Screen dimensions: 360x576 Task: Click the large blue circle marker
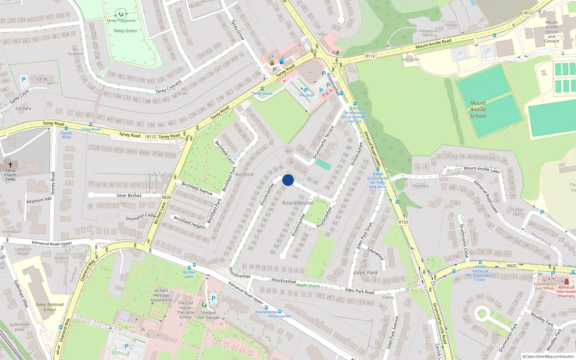[288, 180]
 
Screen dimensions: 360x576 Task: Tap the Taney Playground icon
[121, 14]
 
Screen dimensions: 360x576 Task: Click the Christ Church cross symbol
[10, 165]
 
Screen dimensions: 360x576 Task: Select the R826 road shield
[167, 197]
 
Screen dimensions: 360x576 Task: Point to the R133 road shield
[403, 222]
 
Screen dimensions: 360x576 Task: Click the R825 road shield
[512, 266]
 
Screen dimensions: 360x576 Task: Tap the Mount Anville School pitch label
[478, 109]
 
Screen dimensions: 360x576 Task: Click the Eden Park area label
[365, 273]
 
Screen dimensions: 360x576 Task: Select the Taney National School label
[50, 307]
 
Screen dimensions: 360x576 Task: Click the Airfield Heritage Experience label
[161, 295]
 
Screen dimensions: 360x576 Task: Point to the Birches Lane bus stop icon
[194, 265]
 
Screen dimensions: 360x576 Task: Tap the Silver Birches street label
[129, 195]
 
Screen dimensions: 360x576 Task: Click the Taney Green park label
[125, 31]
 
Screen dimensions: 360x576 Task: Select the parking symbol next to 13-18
[24, 80]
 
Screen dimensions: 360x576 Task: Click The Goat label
[306, 95]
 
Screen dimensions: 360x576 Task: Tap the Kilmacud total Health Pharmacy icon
[566, 282]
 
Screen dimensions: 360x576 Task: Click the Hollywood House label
[428, 33]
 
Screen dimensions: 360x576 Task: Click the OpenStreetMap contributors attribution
[548, 356]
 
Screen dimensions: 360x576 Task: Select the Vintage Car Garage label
[208, 315]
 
